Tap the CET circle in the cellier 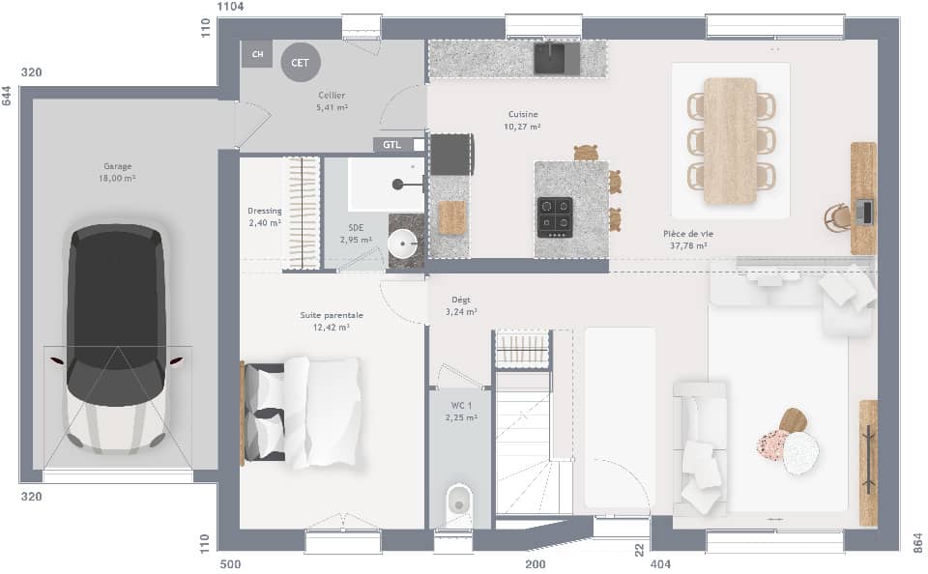300,63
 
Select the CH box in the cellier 256,54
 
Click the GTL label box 391,145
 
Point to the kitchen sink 557,58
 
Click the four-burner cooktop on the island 555,217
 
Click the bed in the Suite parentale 302,412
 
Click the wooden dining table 730,140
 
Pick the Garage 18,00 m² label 117,172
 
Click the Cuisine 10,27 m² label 523,120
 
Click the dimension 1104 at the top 230,7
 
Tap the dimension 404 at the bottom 660,563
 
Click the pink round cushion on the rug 772,445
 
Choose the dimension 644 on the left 7,97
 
